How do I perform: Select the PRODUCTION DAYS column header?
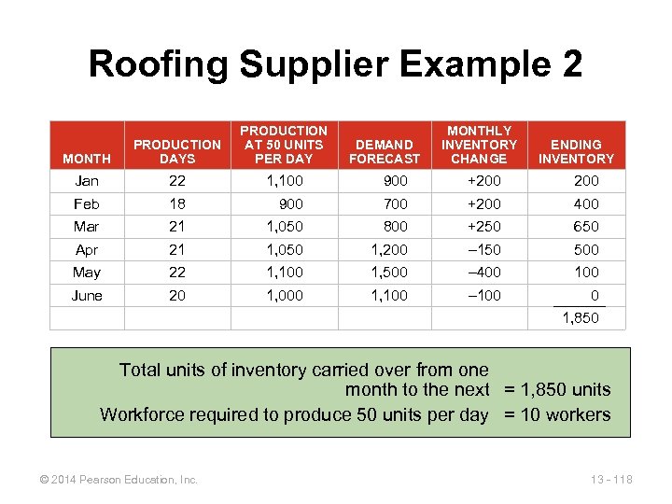(177, 151)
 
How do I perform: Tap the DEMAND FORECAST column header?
(385, 151)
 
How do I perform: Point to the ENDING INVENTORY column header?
(576, 151)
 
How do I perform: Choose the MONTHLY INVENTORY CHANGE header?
(479, 145)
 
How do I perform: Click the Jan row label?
(87, 181)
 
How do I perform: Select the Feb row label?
(87, 203)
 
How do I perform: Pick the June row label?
(88, 295)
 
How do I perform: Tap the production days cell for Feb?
(176, 203)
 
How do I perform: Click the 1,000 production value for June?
(284, 295)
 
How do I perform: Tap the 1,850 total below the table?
(580, 318)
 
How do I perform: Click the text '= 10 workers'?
(557, 414)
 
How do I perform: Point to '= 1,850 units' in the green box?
(557, 390)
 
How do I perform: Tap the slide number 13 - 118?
(612, 480)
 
